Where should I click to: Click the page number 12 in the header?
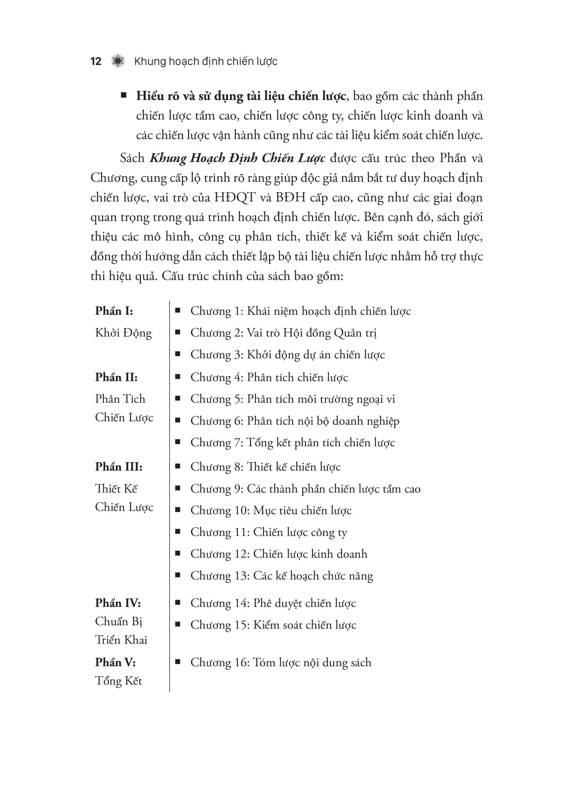(96, 61)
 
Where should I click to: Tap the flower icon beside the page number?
(118, 61)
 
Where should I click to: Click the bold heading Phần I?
(114, 311)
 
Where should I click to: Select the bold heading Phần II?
(116, 377)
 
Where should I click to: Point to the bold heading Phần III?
(119, 467)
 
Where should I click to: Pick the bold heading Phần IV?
(118, 603)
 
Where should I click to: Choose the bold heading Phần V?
(115, 662)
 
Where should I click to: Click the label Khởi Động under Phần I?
(123, 333)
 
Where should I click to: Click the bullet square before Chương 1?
(178, 310)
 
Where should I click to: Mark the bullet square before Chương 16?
(178, 661)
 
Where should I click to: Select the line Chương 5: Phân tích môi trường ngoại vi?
(292, 399)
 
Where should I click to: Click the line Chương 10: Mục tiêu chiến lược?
(271, 510)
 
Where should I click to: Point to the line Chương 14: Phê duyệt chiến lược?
(273, 603)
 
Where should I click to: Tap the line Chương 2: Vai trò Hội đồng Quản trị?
(283, 333)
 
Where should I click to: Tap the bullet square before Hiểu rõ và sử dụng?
(124, 95)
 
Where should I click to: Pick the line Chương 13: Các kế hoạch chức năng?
(281, 576)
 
